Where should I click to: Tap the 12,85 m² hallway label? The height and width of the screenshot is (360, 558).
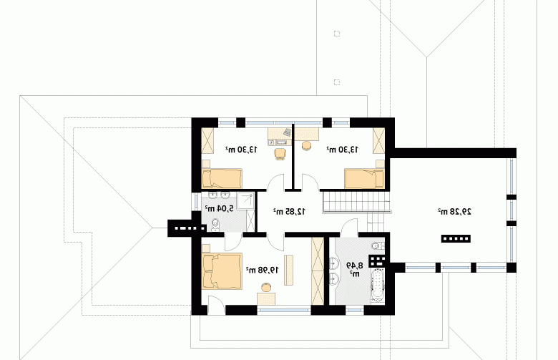click(289, 212)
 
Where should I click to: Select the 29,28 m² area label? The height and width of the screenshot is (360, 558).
click(454, 212)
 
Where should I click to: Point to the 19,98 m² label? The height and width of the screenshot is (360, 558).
click(263, 270)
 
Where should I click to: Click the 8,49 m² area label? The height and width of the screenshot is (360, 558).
click(354, 269)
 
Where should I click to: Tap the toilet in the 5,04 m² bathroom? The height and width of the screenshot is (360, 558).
click(215, 225)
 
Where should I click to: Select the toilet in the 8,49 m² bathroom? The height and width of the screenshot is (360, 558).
click(378, 245)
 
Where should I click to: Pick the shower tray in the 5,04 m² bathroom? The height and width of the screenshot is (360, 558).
click(246, 201)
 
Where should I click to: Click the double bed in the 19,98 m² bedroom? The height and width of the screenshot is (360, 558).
click(222, 271)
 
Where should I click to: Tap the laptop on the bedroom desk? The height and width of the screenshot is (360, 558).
click(287, 132)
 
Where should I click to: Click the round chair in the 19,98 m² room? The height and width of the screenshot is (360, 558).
click(266, 287)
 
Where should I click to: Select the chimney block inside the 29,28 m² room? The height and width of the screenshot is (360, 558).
click(456, 238)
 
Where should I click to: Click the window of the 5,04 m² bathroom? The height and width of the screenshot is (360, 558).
click(197, 201)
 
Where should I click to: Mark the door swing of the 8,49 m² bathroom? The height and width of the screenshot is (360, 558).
click(349, 228)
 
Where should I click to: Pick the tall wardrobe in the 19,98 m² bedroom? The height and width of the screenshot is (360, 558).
click(318, 271)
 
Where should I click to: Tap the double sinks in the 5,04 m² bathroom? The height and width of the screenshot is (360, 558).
click(219, 195)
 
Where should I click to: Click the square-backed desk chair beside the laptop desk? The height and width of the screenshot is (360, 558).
click(280, 153)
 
